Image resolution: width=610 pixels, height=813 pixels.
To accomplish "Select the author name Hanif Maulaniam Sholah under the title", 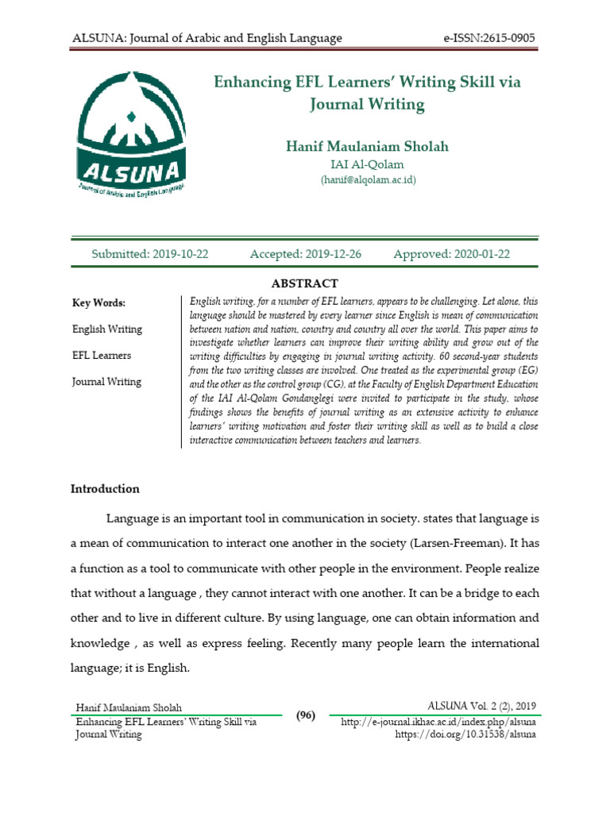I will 366,146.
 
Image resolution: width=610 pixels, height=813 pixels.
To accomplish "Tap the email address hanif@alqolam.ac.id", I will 367,180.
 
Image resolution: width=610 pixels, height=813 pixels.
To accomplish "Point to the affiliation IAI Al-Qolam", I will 366,164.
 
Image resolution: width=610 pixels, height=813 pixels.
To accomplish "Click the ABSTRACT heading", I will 305,283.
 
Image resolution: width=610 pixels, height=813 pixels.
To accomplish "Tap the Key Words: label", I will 98,302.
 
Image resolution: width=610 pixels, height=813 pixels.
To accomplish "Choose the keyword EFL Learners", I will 102,355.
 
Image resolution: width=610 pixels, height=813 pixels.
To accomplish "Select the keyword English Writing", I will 107,329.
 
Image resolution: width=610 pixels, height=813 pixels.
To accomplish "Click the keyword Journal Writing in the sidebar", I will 106,381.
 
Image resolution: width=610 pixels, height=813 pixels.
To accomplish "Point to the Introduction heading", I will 106,488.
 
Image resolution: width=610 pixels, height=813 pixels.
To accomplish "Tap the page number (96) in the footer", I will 306,715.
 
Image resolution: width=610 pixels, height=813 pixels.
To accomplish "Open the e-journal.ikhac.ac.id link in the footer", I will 438,722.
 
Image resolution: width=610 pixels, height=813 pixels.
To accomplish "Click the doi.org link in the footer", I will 465,734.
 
